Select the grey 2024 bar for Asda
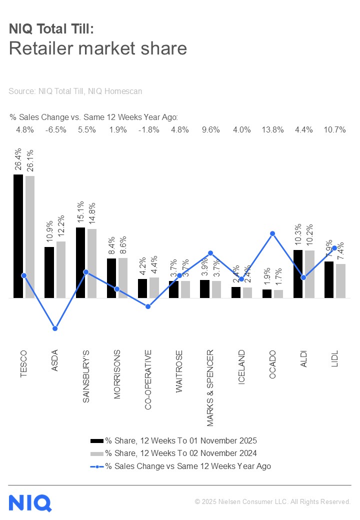pos(60,269)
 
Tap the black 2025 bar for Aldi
pos(297,273)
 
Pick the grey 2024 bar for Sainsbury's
pos(92,263)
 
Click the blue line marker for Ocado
pos(272,233)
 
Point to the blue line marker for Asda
pos(55,328)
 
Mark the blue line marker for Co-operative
pos(148,306)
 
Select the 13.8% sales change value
pos(272,130)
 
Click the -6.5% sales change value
pos(55,130)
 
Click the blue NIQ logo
pos(30,502)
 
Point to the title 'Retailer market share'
pos(98,48)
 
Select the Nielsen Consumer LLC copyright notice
pos(272,501)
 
